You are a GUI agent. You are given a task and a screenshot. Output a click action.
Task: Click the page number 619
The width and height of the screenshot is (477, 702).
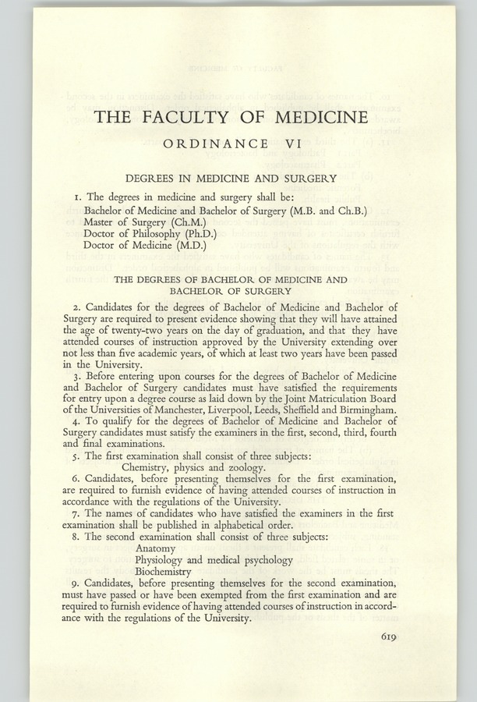(390, 636)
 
